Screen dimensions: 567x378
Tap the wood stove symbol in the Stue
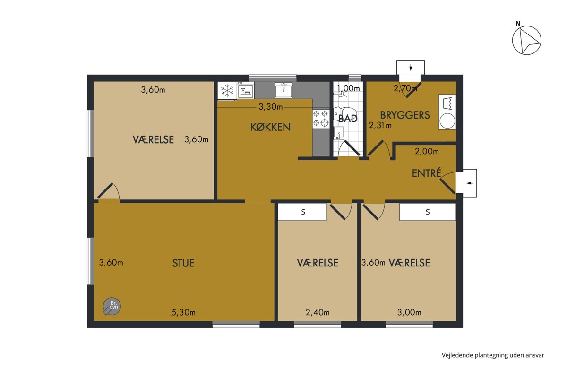[112, 306]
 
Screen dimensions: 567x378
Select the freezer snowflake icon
[227, 91]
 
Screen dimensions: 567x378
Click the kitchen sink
[283, 90]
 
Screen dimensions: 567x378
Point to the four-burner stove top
[321, 118]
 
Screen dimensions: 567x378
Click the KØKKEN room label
[270, 127]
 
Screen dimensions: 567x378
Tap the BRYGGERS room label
[405, 115]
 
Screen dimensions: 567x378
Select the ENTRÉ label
[427, 173]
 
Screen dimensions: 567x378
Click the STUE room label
[183, 263]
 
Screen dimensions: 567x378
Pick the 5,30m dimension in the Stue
[183, 312]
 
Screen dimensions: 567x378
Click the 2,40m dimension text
[318, 312]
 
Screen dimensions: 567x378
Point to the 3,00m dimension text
[409, 312]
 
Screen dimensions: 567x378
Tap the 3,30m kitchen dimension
[271, 107]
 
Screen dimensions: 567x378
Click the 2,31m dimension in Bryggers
[380, 125]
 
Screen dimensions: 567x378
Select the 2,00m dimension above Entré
[427, 151]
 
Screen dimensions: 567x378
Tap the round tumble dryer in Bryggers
[447, 121]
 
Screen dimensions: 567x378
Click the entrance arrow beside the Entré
[470, 183]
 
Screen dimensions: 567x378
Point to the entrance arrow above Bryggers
[411, 68]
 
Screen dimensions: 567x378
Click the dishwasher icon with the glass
[246, 90]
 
